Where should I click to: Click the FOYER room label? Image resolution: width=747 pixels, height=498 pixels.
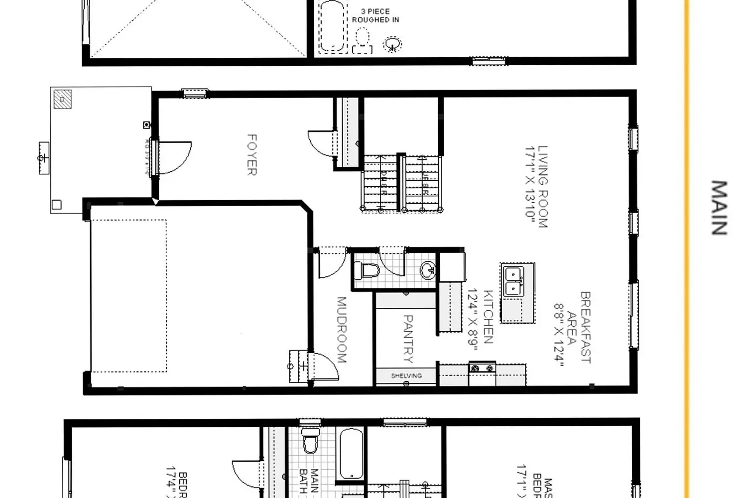pos(252,155)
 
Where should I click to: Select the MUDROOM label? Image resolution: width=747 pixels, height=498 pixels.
pos(342,330)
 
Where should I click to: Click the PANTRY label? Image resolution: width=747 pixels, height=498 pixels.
pos(407,339)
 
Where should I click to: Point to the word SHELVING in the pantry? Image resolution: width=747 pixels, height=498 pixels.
pos(406,376)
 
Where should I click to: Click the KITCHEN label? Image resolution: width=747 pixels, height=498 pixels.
pos(488,317)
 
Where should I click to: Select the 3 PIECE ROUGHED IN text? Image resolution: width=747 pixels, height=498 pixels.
pos(375,15)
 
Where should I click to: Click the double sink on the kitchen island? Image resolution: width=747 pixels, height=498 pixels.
pos(513,281)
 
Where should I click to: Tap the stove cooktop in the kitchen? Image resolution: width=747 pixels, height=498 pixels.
pos(482,369)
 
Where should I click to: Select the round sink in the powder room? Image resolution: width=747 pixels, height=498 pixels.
pos(428,270)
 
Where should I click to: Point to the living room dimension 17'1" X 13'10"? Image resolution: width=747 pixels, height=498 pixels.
pos(530,187)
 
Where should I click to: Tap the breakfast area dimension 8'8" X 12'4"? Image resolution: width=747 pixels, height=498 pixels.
pos(559,335)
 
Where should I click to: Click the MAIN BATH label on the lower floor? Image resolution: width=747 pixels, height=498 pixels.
pos(309,481)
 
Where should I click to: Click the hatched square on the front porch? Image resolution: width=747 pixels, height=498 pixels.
pos(63,99)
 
